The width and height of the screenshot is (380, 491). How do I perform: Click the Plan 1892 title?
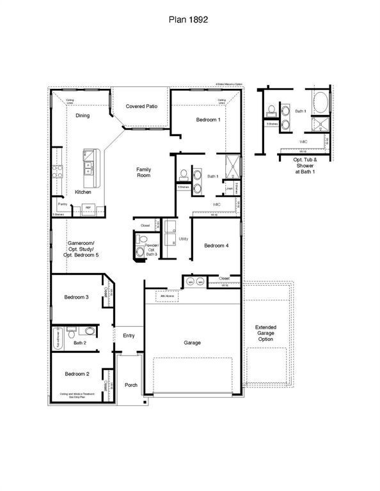(190, 20)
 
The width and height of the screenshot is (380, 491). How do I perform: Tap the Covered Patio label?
(141, 107)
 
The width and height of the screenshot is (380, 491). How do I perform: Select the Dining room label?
(83, 116)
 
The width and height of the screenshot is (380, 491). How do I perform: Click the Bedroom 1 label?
(208, 120)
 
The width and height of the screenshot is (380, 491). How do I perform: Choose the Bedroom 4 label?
(216, 246)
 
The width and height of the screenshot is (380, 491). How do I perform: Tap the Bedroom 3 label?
(76, 297)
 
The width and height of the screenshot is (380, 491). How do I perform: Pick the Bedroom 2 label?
(76, 373)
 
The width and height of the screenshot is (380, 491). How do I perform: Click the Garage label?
(192, 343)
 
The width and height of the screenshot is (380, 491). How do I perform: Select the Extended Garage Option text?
(265, 332)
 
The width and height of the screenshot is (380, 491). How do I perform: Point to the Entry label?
(129, 335)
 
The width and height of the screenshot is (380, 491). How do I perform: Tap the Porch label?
(131, 384)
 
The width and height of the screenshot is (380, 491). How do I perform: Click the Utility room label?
(184, 238)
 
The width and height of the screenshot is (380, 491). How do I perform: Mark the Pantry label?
(63, 204)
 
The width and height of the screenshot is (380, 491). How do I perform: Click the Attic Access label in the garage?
(168, 296)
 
